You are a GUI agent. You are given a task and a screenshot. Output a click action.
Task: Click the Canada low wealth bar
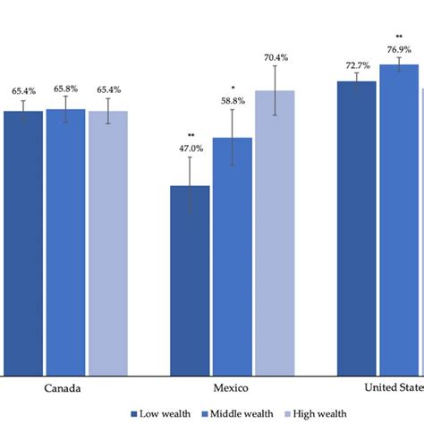22,242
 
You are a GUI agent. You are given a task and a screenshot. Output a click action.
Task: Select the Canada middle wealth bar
65,242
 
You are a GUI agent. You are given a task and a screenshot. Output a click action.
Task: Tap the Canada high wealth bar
107,242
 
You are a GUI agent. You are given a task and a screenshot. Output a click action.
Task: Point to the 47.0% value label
190,149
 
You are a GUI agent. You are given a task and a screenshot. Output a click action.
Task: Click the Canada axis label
64,389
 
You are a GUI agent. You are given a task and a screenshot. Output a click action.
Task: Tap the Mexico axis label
232,389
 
